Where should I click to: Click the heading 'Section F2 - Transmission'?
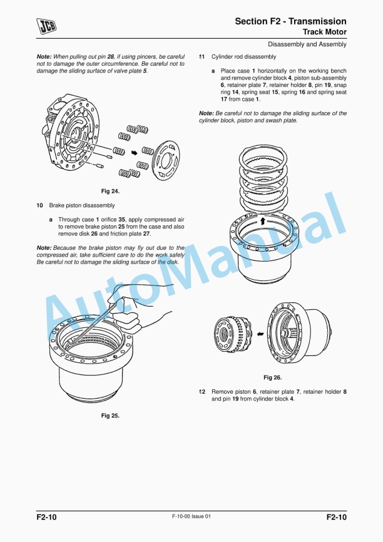click(x=290, y=21)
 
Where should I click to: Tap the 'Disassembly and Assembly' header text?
click(x=307, y=44)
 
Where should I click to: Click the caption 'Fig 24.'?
click(x=110, y=190)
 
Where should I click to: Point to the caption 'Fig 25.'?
click(x=110, y=415)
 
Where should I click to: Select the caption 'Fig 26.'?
click(x=272, y=377)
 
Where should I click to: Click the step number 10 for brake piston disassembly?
click(x=39, y=205)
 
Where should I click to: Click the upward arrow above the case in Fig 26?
click(x=263, y=221)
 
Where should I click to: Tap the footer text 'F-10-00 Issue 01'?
click(x=191, y=516)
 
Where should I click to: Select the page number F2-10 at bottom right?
click(x=336, y=518)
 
